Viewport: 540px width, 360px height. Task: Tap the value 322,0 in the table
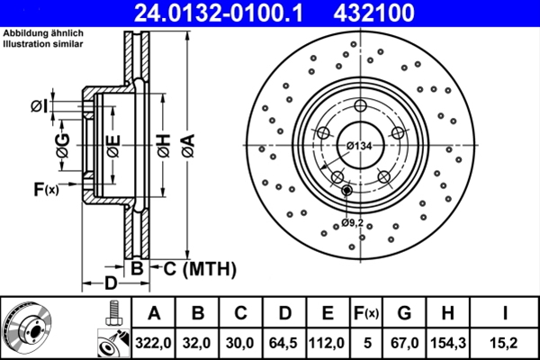(x=154, y=342)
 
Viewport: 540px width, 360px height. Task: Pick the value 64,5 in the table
(x=284, y=342)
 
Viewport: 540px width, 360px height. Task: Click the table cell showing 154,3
(x=447, y=342)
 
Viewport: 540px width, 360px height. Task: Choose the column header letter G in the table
(x=404, y=313)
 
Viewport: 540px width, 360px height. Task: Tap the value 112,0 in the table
(x=328, y=342)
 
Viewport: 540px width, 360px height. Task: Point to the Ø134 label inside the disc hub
(x=359, y=146)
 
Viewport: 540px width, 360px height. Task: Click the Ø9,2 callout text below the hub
(x=352, y=222)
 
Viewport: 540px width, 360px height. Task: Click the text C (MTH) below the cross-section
(x=195, y=267)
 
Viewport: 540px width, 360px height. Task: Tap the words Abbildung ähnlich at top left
(x=43, y=32)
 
